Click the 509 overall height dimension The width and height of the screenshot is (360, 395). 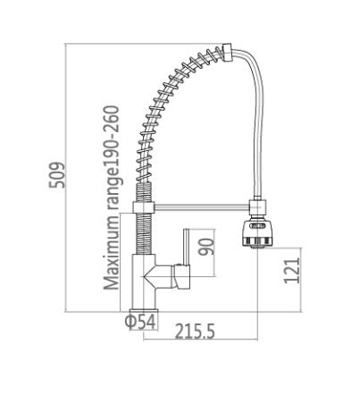point(56,175)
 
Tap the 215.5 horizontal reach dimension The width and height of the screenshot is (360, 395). point(195,331)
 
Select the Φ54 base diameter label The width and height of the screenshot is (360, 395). point(140,322)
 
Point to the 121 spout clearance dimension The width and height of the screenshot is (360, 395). point(292,271)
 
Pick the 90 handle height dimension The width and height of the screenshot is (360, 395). point(206,247)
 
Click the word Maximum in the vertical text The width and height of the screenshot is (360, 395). point(112,253)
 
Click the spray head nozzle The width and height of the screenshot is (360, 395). point(257,234)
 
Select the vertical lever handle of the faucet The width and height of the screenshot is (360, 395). point(186,247)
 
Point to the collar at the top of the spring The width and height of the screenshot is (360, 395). point(227,53)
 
